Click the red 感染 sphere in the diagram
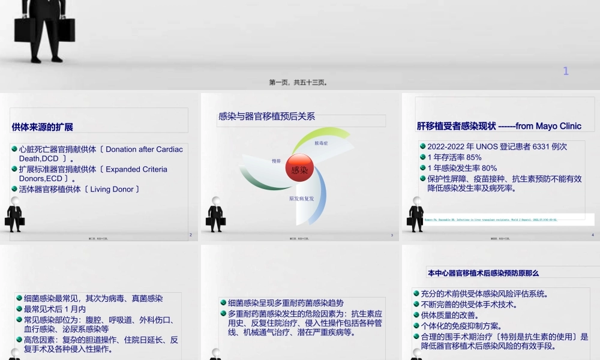pos(299,169)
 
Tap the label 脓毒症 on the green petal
pos(322,143)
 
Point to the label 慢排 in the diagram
pos(276,161)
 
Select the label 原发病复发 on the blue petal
pos(301,198)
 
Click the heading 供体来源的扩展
pos(43,127)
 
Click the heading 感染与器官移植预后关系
pos(267,116)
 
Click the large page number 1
pos(566,71)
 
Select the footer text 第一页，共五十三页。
pos(298,82)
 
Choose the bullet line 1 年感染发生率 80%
pos(462,168)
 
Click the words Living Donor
pos(112,189)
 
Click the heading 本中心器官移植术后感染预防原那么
pos(483,273)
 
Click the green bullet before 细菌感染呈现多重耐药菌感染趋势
pos(223,303)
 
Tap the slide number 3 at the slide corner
pos(392,235)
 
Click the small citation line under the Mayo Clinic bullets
pos(491,220)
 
